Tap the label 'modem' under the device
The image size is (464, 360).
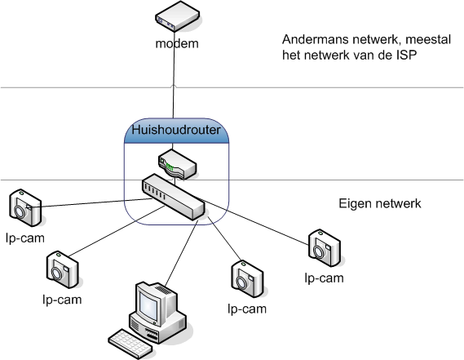tap(177, 42)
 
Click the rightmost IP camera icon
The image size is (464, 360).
tap(324, 247)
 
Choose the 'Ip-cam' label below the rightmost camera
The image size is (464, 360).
tap(323, 278)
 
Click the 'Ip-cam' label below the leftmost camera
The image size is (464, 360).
tap(23, 239)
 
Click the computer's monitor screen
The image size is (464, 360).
tap(149, 308)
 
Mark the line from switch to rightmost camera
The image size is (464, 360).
tap(261, 220)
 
